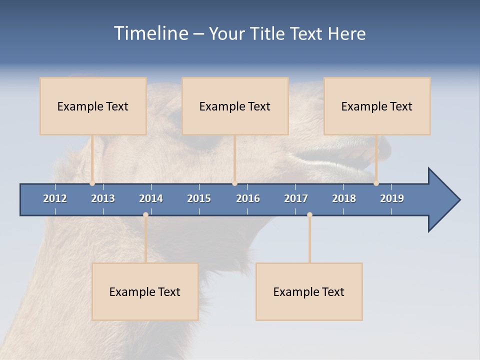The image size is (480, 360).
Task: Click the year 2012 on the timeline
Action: coord(55,198)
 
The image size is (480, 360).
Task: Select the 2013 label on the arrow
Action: coord(103,198)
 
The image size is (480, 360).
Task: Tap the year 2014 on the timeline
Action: coord(151,198)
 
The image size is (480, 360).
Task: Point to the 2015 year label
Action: coord(199,198)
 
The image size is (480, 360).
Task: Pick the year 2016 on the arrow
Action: coord(248,198)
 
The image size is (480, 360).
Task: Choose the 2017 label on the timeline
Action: coord(296,198)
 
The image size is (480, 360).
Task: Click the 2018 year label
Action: coord(344,198)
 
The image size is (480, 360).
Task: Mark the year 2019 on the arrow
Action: coord(392,198)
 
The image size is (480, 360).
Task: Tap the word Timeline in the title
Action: coord(150,33)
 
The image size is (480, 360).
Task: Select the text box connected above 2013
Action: coord(93,106)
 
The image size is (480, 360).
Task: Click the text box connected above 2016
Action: coord(235,106)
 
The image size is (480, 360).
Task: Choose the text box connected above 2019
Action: coord(377,106)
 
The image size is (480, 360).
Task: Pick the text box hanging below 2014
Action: coord(145,291)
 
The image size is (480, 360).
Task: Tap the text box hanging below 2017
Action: coord(309,291)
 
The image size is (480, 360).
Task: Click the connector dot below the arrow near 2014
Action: coord(145,215)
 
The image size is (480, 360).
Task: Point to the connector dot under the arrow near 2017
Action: coord(309,215)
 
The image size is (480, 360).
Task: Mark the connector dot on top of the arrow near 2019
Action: coord(376,183)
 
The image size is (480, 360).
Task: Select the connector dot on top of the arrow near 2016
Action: coord(234,183)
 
